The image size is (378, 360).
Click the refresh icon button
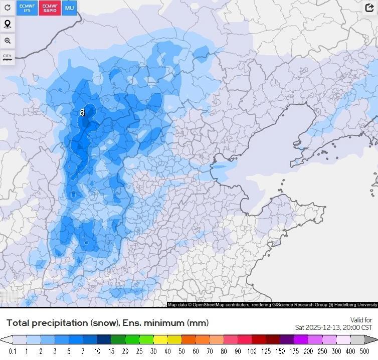point(8,8)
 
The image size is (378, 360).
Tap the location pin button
point(8,24)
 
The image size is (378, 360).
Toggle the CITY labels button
point(8,58)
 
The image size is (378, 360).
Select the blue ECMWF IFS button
point(27,8)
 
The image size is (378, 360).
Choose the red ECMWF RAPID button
point(50,8)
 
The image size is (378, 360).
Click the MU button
point(69,8)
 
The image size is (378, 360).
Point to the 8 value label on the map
point(83,113)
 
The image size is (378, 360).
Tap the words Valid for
point(361,320)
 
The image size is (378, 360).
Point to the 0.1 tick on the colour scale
point(13,351)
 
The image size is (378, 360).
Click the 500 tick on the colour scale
point(364,351)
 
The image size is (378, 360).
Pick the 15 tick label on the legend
point(111,351)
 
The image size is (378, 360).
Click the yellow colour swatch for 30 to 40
point(160,340)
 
